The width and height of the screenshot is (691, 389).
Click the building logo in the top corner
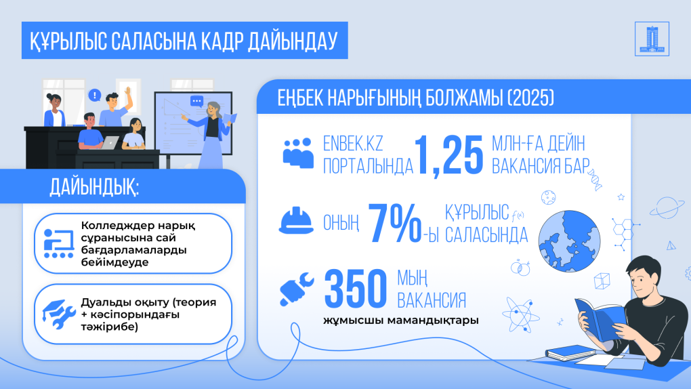pos(652,39)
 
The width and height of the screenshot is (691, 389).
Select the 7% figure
pos(394,223)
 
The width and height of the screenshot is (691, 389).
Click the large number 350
pos(355,289)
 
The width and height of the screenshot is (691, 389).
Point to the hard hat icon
pos(295,220)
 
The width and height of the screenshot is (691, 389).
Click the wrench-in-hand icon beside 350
pos(297,289)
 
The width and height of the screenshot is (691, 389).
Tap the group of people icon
pos(298,152)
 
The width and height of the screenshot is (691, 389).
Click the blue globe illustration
pos(569,241)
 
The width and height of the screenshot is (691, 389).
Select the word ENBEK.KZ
pos(353,144)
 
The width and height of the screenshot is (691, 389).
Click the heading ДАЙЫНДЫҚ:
pos(94,187)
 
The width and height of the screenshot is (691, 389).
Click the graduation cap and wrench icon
pos(59,314)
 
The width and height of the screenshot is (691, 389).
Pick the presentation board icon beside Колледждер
pos(59,243)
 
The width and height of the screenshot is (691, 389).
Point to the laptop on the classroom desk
pos(108,143)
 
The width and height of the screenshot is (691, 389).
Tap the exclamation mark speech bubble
pos(94,95)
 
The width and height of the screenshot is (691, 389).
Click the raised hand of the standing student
pos(128,91)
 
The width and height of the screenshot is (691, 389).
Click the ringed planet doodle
pos(667,207)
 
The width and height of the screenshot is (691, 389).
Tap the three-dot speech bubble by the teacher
pos(196,102)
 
